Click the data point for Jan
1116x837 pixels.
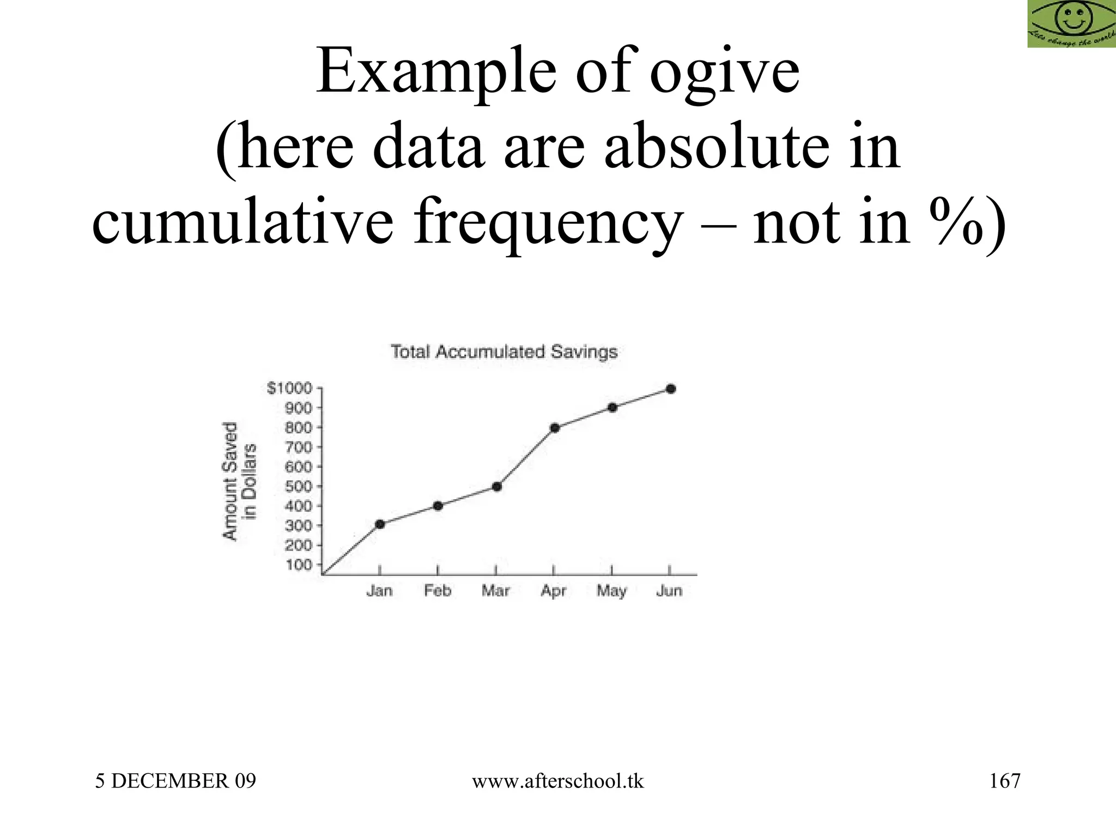(x=380, y=524)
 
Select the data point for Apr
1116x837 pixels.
(x=555, y=428)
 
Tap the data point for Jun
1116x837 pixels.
(x=671, y=389)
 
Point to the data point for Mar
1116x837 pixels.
(x=496, y=487)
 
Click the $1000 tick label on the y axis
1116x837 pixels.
(x=289, y=388)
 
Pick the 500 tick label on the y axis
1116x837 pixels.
(x=299, y=486)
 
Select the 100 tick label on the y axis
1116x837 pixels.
(x=299, y=565)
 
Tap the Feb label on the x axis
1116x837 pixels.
(x=438, y=591)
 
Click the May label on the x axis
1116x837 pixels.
(x=611, y=591)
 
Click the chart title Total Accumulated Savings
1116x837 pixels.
(x=504, y=352)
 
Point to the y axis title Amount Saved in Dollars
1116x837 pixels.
(x=239, y=481)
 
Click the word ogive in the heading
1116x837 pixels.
(x=725, y=72)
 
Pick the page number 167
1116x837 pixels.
(x=1004, y=781)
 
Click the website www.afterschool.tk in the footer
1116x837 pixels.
(x=557, y=781)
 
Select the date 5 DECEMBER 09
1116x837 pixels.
(x=175, y=781)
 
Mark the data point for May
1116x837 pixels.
(x=612, y=408)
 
